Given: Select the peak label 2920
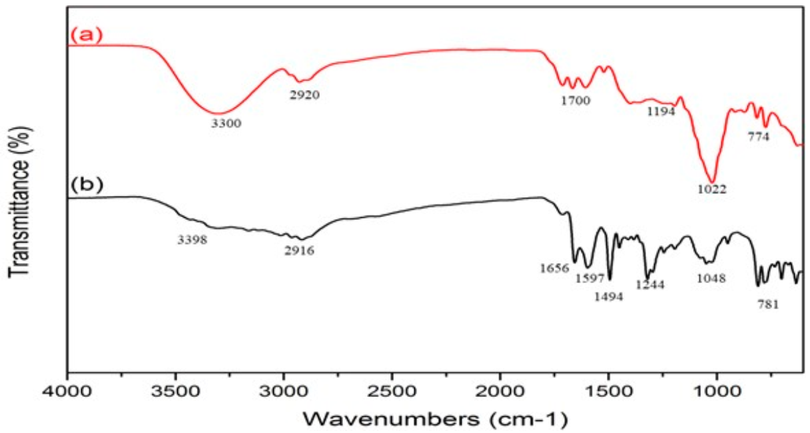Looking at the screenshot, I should point(304,95).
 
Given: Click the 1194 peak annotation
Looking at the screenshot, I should point(661,111).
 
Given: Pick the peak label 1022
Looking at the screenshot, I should point(711,189).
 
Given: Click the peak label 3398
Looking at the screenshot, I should point(193,240).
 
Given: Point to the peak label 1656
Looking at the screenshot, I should point(554,268).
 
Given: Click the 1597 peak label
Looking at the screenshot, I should point(589,278).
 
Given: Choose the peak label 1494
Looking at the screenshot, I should point(609,297).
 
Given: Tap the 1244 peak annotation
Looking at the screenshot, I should point(650,284).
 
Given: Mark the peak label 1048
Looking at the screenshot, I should point(711,278).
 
